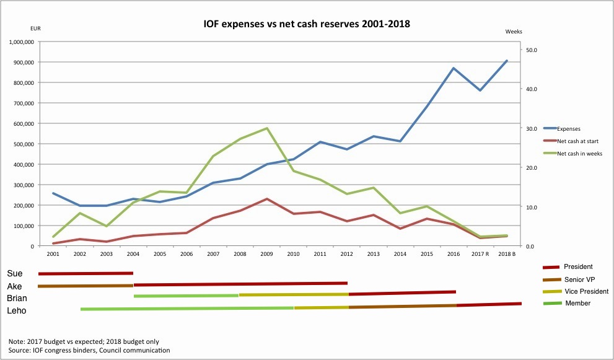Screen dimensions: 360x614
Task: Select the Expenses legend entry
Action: pyautogui.click(x=568, y=128)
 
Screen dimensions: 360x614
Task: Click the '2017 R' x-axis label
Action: pyautogui.click(x=480, y=254)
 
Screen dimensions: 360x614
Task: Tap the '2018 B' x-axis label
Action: pyautogui.click(x=507, y=254)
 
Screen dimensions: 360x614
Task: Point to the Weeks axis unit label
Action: pyautogui.click(x=514, y=31)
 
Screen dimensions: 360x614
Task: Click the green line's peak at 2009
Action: pyautogui.click(x=266, y=128)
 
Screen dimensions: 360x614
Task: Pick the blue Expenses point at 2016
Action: pyautogui.click(x=454, y=68)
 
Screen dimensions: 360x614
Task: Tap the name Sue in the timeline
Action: pyautogui.click(x=15, y=273)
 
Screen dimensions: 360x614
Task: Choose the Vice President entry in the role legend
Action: pyautogui.click(x=586, y=291)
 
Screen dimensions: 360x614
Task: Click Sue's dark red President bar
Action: pyautogui.click(x=86, y=273)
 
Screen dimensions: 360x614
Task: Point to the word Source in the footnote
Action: pyautogui.click(x=20, y=351)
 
